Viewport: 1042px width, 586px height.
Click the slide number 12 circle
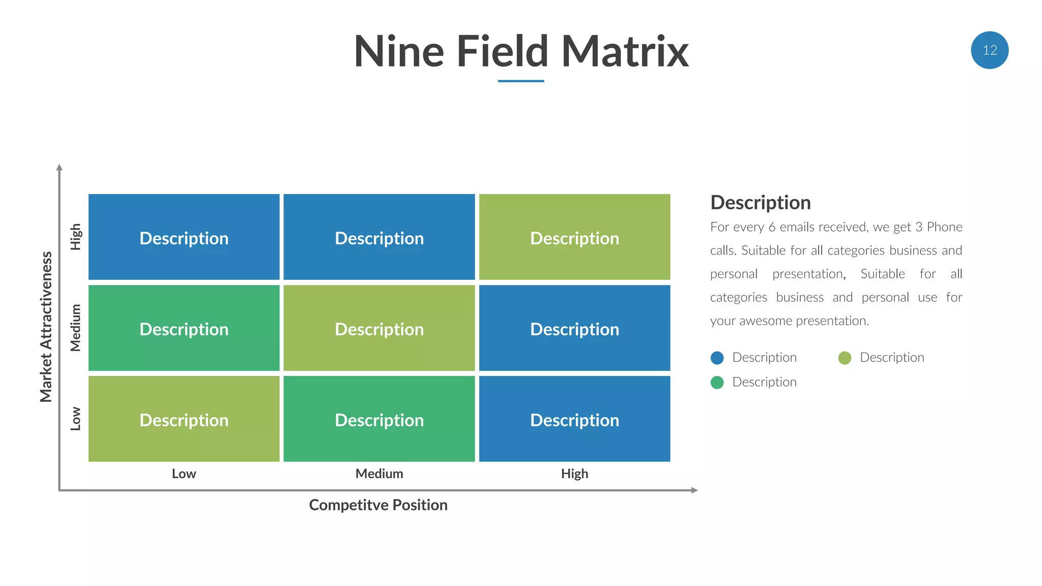989,50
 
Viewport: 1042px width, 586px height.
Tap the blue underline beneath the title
520,81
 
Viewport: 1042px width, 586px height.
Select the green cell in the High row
574,237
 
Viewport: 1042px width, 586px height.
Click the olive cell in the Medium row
379,328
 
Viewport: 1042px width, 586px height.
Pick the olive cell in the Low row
184,419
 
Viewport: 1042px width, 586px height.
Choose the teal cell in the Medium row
184,328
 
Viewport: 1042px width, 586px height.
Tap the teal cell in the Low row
379,419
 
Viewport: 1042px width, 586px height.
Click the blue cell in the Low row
574,419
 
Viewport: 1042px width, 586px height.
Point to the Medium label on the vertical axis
75,328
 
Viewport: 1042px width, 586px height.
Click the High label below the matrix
574,474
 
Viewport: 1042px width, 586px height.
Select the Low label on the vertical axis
75,419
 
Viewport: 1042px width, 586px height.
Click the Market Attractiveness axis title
46,327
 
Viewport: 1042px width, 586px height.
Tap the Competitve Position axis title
378,505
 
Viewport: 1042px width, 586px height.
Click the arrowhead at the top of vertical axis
60,167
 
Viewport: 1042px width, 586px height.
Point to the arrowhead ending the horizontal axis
694,490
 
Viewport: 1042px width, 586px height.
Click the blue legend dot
717,358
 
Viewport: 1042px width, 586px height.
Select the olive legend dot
845,358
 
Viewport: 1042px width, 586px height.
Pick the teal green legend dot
717,383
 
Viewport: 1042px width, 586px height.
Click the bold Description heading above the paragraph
760,202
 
